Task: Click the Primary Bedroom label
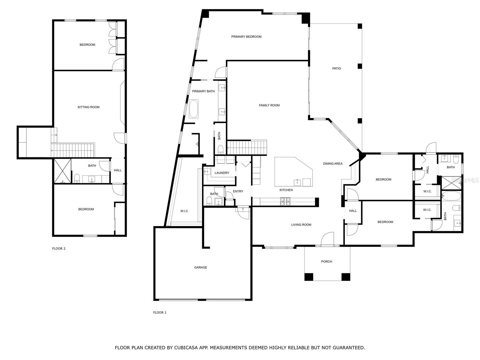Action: (246, 37)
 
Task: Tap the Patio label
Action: (336, 68)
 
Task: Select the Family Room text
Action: (269, 105)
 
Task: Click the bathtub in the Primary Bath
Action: (193, 109)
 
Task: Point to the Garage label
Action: (200, 267)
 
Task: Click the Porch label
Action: (326, 261)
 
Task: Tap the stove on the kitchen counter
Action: (285, 202)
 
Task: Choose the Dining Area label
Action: (333, 163)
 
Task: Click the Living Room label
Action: (301, 225)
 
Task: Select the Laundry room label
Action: (222, 173)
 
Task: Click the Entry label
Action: (238, 191)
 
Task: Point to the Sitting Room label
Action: (88, 107)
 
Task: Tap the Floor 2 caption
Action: (58, 248)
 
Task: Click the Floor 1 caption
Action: (160, 313)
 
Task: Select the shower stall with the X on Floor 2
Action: (62, 171)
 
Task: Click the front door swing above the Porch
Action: (327, 238)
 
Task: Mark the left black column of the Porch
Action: (309, 277)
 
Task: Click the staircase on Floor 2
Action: (73, 150)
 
